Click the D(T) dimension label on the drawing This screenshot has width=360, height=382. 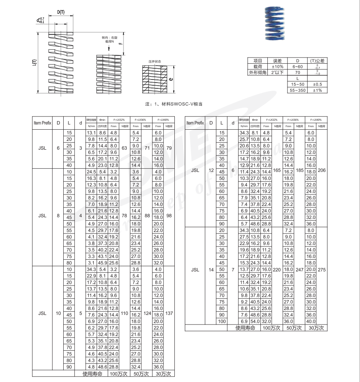tap(61, 12)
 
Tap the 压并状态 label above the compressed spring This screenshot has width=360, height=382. tap(155, 61)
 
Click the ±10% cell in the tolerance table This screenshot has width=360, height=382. tap(277, 66)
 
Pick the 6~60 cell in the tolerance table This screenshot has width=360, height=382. tap(297, 66)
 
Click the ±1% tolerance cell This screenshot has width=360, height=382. tap(317, 90)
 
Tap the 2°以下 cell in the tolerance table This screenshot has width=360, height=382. tap(277, 72)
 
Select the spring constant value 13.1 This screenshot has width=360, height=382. tap(91, 133)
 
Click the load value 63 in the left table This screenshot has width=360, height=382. tap(124, 148)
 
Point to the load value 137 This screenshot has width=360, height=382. tap(169, 313)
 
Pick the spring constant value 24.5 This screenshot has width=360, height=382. tap(91, 172)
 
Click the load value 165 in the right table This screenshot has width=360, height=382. tap(277, 170)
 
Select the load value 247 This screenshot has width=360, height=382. tap(299, 270)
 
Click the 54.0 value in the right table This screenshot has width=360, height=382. tap(255, 321)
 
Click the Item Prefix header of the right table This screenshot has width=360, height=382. tap(195, 123)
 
